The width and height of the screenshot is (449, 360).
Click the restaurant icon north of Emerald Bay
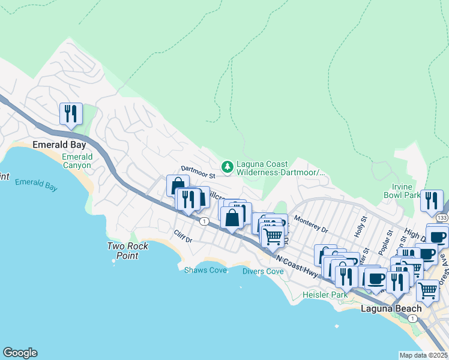(x=71, y=114)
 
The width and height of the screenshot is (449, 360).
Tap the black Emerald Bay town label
(x=59, y=145)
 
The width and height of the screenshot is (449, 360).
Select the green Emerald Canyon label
(x=77, y=161)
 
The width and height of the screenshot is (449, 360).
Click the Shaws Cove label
(x=205, y=271)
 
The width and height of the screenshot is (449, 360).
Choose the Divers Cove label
(x=263, y=271)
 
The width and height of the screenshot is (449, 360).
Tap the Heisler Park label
(x=325, y=295)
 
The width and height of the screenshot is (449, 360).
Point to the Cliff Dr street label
(x=182, y=239)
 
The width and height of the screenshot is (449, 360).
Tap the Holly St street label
(x=360, y=227)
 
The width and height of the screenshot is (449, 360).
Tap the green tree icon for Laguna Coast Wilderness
(x=228, y=167)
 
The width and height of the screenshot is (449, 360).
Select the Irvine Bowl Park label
(x=402, y=191)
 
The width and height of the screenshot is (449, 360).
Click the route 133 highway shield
(x=442, y=217)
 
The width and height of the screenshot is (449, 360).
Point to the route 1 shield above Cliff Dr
(x=205, y=221)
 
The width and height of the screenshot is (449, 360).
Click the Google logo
(x=20, y=353)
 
